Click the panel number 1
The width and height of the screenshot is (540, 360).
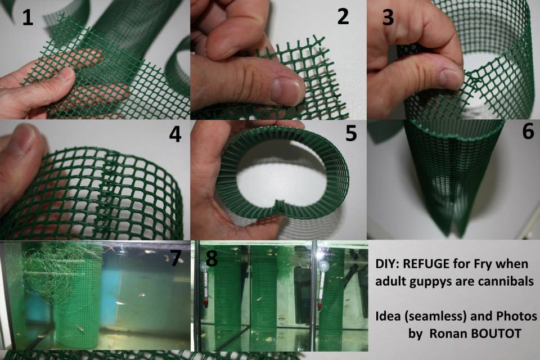coord(28,18)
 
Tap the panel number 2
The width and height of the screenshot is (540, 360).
coord(343,16)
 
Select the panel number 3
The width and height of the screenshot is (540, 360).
coord(388,18)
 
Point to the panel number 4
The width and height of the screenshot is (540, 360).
coord(175,134)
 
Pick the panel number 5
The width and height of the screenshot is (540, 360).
coord(351,133)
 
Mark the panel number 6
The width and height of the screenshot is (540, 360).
coord(528,131)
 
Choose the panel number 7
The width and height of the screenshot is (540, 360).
coord(176,258)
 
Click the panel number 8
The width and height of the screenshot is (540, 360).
coord(211,258)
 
